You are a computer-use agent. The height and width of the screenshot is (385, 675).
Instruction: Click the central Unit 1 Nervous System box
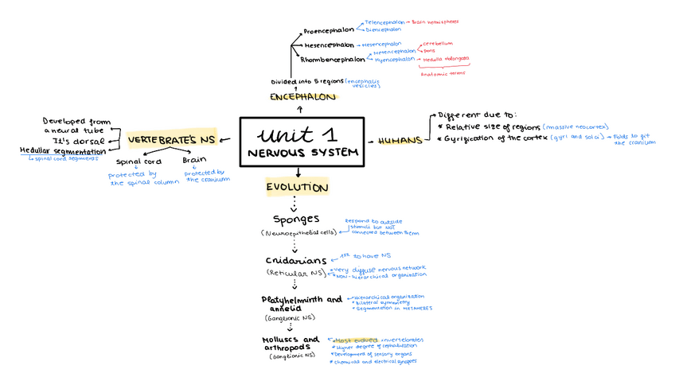tap(302, 142)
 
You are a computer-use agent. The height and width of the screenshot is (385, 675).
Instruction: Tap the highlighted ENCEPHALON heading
tap(302, 97)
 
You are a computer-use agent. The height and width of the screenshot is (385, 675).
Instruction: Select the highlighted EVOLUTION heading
tap(298, 188)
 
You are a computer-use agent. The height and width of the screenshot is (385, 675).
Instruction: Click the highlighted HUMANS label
tap(400, 141)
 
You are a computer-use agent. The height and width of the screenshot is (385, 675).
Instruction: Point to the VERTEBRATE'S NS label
tap(172, 141)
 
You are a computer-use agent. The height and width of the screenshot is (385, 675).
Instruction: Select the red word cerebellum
tap(438, 43)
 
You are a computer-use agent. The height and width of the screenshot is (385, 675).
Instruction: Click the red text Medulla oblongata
tap(446, 59)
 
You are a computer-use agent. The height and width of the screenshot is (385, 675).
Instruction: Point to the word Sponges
tap(296, 219)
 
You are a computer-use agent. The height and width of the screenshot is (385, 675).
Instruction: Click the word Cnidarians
tap(295, 261)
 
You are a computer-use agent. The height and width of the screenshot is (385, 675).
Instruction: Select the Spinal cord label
tap(139, 161)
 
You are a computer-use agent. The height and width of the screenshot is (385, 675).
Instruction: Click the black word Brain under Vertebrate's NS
tap(194, 161)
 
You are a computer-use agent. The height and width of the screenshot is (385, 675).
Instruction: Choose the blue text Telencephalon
tap(389, 23)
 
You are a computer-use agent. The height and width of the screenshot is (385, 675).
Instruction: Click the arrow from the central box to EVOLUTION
tap(298, 171)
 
